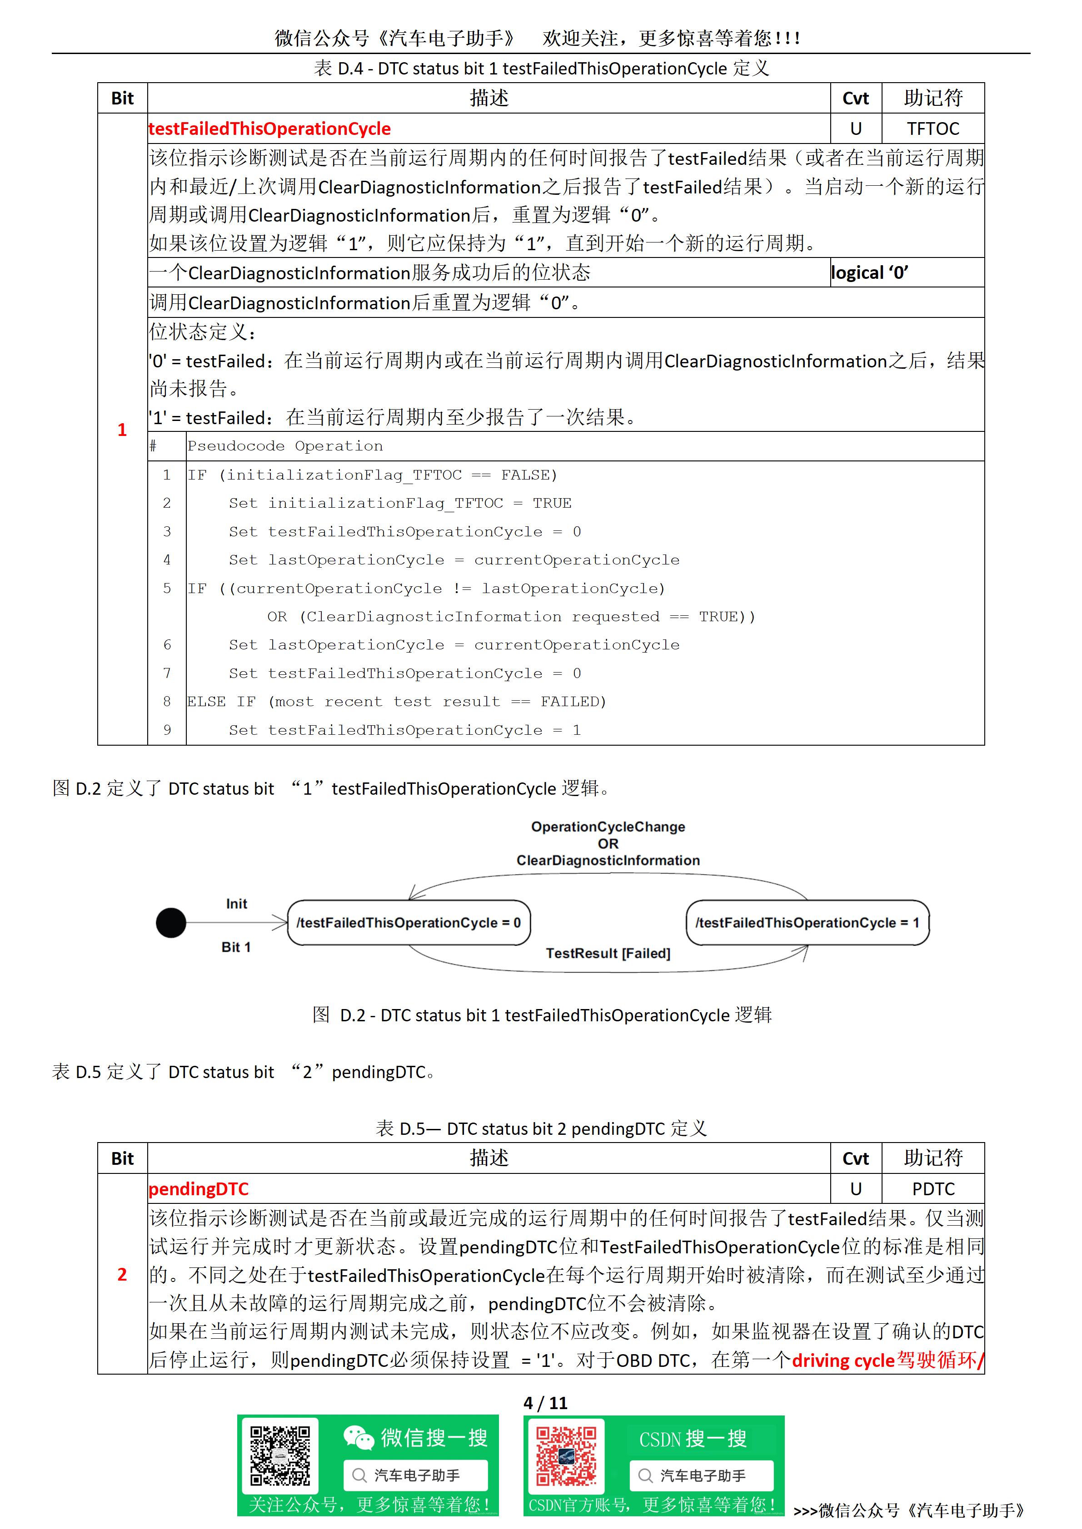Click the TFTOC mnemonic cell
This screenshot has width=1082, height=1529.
click(x=933, y=129)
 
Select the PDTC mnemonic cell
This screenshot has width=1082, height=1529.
click(x=933, y=1189)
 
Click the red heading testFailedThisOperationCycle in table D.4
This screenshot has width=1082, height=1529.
click(x=269, y=129)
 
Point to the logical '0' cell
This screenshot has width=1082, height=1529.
click(x=869, y=272)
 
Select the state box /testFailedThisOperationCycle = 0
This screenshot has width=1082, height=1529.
click(x=409, y=923)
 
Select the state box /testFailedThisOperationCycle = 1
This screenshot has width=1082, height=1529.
click(x=807, y=923)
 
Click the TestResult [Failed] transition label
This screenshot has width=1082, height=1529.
click(x=608, y=953)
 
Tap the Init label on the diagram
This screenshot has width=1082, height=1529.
click(x=236, y=904)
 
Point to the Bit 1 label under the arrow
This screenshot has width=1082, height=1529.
click(x=236, y=947)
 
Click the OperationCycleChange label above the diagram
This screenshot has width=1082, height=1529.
click(x=608, y=827)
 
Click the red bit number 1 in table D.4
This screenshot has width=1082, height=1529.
click(x=122, y=430)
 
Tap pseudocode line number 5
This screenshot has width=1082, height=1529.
click(x=167, y=589)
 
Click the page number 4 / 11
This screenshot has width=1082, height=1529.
click(x=545, y=1403)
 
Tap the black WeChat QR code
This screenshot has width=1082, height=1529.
click(x=280, y=1456)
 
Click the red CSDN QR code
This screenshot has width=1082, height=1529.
click(x=566, y=1456)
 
